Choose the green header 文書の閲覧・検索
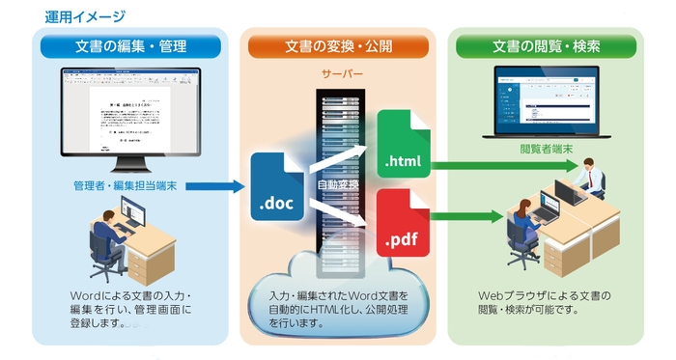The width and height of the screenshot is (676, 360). click(546, 45)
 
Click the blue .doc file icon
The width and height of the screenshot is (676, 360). click(276, 188)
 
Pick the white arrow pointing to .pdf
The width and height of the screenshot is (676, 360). click(350, 214)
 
